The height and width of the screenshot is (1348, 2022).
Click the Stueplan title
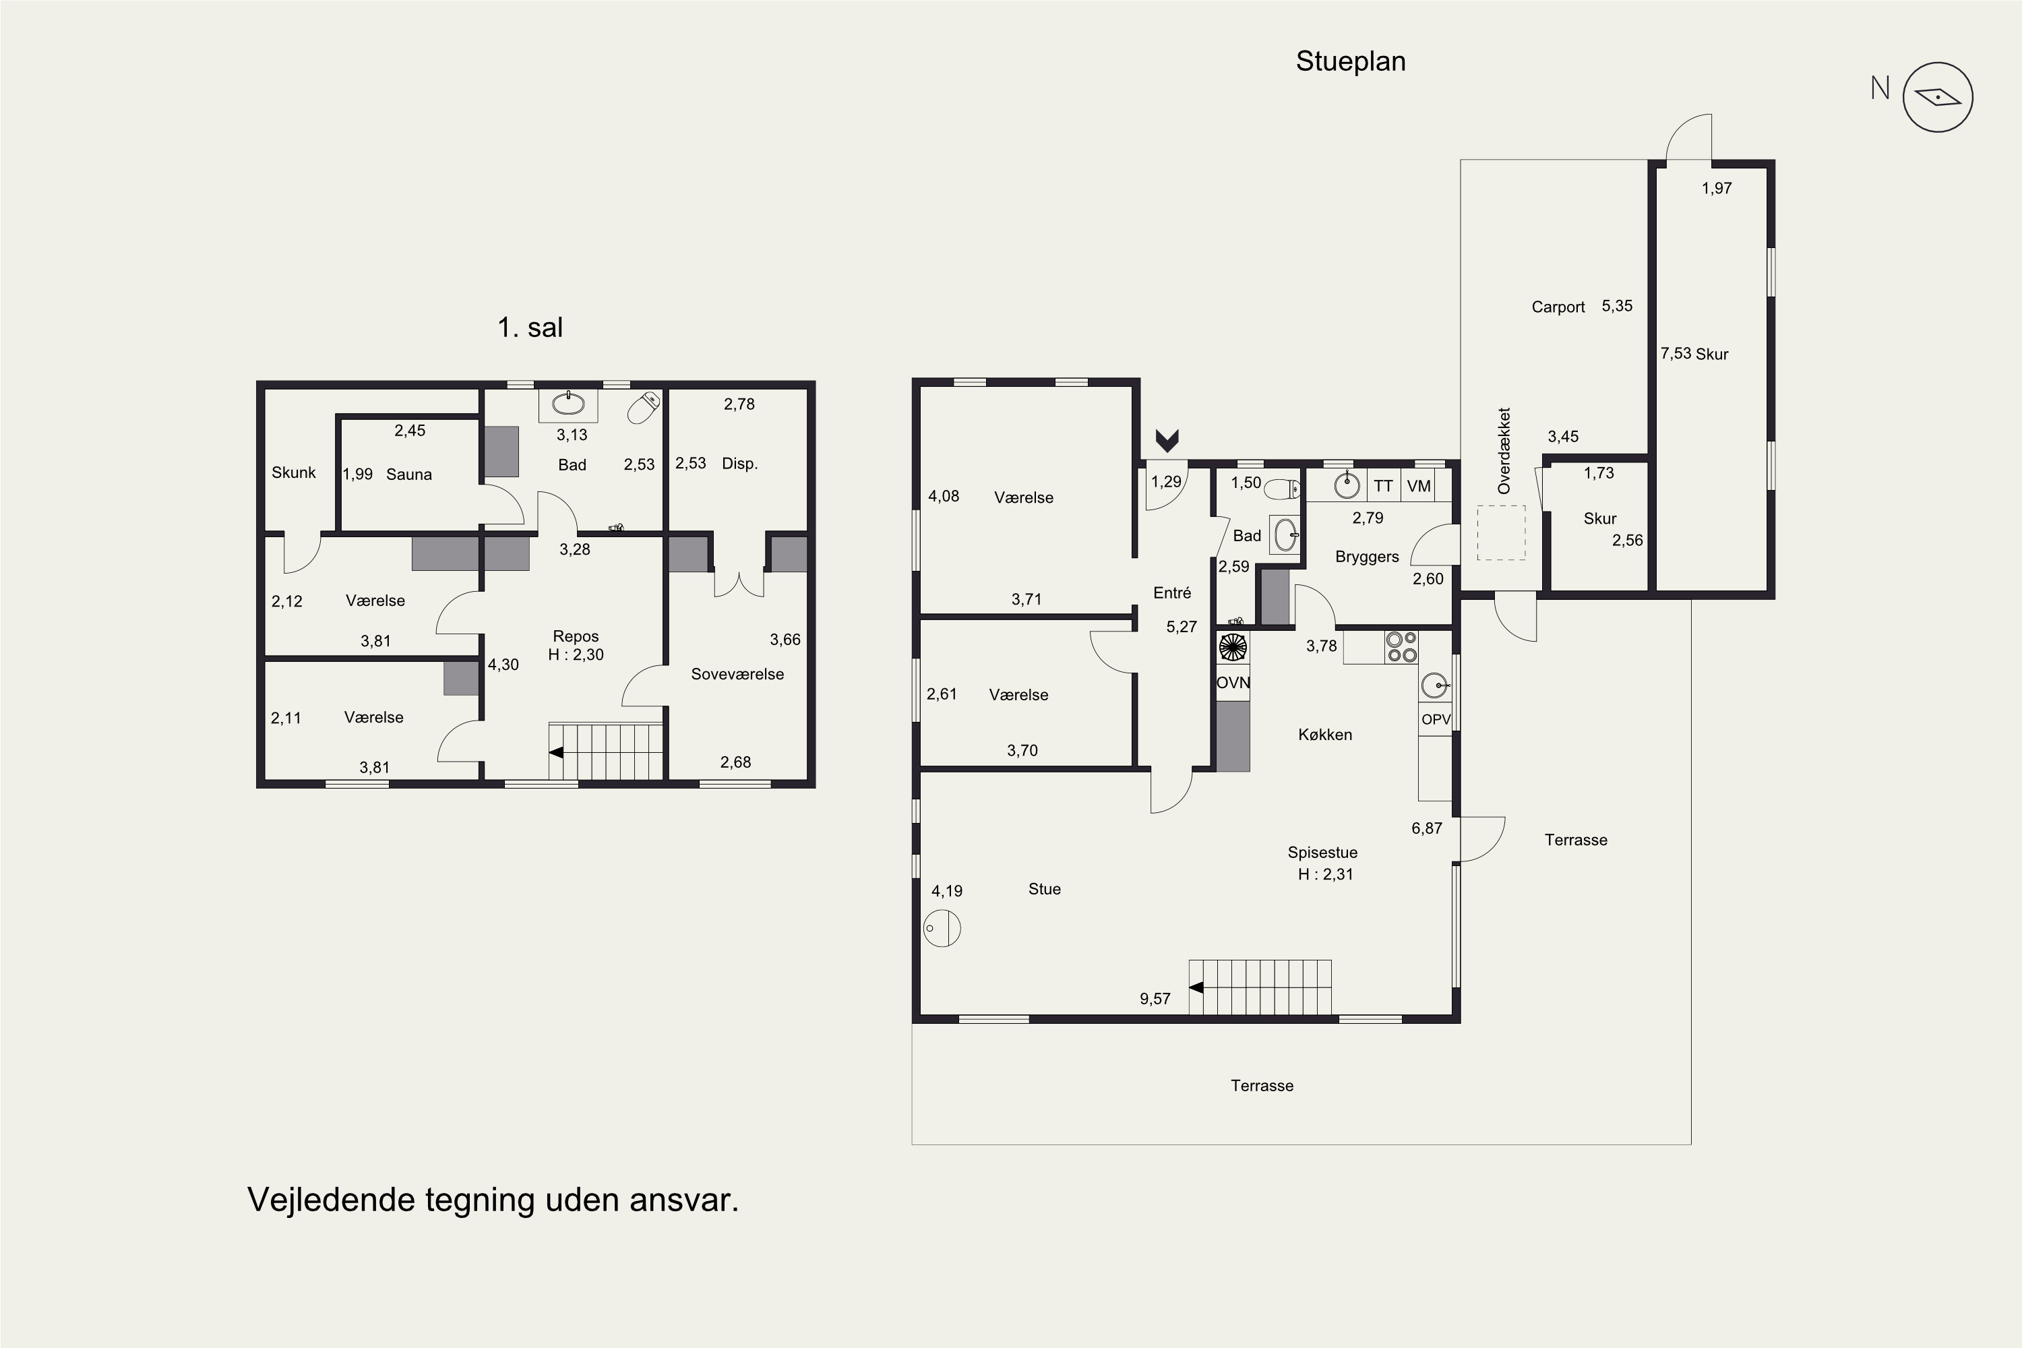[1351, 62]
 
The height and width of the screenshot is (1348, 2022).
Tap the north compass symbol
[1938, 97]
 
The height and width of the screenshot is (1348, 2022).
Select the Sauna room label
[408, 474]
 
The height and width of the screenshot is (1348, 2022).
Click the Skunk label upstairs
[293, 472]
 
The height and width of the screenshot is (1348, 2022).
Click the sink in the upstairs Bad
[568, 403]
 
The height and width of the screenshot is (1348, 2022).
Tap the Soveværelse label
[737, 674]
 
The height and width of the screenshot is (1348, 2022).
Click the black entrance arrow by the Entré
[1167, 441]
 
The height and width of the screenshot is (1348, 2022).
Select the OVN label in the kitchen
[1233, 683]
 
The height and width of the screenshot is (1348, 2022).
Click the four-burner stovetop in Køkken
[1401, 647]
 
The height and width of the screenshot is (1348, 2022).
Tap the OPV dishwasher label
[1436, 720]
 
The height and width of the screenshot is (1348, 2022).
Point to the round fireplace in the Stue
[942, 929]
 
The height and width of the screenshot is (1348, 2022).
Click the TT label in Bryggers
[1383, 486]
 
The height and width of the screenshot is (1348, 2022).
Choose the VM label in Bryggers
[1419, 486]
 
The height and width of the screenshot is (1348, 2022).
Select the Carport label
[1558, 307]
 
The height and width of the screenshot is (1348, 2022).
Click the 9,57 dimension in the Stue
[1155, 999]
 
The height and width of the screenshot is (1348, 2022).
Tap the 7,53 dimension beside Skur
[1676, 353]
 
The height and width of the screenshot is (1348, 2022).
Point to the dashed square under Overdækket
[1501, 533]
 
